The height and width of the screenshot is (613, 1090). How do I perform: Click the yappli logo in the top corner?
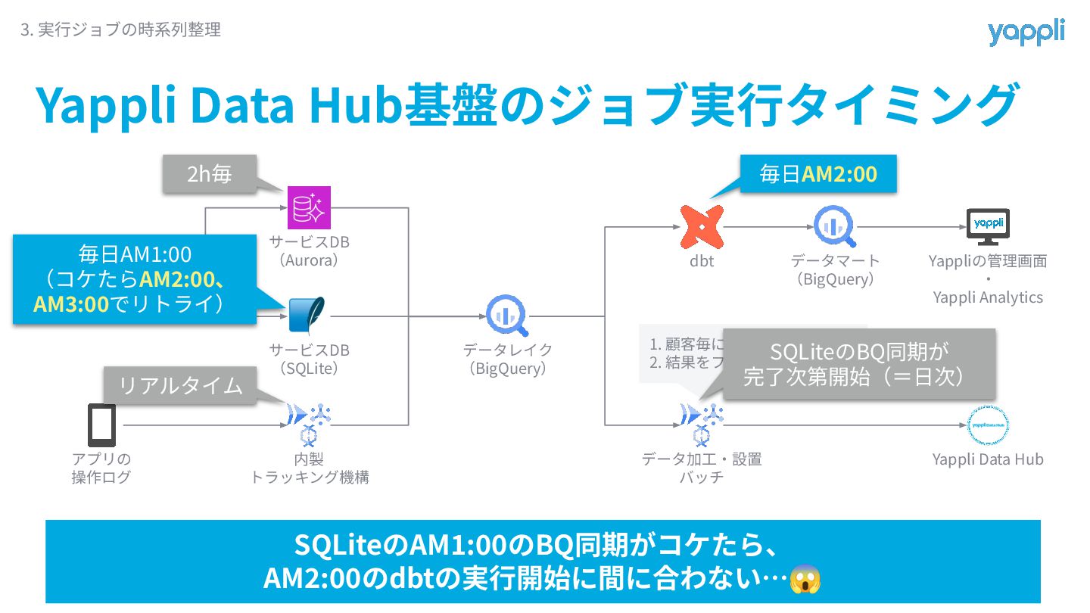[x=1026, y=32]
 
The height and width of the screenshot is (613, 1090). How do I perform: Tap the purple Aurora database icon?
[x=310, y=207]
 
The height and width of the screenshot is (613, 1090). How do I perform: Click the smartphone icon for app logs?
[x=101, y=425]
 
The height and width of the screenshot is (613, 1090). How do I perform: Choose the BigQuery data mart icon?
[x=834, y=226]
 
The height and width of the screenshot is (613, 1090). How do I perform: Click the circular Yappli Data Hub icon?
[x=989, y=425]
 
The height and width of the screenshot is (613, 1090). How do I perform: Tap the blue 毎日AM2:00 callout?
[x=817, y=174]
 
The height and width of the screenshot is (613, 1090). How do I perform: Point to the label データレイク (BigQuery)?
[x=508, y=359]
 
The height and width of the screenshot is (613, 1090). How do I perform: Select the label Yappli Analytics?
[x=988, y=297]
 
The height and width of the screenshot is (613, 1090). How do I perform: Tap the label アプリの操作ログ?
[x=101, y=468]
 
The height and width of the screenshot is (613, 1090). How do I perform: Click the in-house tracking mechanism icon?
[x=310, y=424]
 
